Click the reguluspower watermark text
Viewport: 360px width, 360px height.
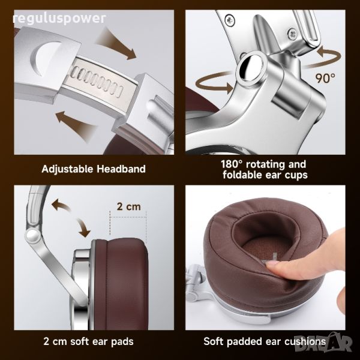point(59,19)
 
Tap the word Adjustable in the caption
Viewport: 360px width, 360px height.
point(67,169)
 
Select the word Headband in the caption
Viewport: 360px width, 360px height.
point(121,169)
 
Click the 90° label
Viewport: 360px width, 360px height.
point(325,78)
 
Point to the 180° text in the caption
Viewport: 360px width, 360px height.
point(232,164)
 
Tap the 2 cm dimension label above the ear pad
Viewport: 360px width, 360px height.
point(128,206)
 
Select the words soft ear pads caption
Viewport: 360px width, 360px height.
point(102,341)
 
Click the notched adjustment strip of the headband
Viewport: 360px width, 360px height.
point(97,81)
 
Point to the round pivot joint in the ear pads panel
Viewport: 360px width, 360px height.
point(32,236)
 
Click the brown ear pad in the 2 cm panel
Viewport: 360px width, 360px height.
point(121,284)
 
